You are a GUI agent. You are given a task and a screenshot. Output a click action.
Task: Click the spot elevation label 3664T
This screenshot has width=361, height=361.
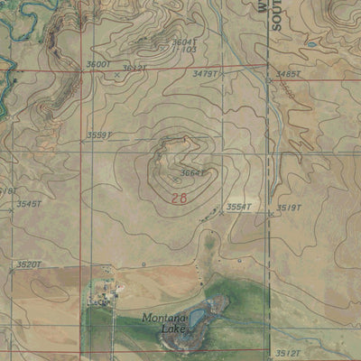[x=192, y=173]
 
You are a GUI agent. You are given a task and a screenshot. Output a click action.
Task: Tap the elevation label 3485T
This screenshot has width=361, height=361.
[x=289, y=73]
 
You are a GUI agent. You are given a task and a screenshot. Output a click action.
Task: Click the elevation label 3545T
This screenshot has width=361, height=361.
[x=29, y=204]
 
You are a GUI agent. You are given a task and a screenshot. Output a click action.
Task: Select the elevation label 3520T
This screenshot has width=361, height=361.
[x=29, y=264]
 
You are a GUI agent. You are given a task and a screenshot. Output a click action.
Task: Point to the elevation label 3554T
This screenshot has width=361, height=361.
[x=238, y=207]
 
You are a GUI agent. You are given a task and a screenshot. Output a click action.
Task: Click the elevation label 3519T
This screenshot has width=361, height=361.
[x=288, y=207]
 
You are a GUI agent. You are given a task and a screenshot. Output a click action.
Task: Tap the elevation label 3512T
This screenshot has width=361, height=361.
[x=288, y=353]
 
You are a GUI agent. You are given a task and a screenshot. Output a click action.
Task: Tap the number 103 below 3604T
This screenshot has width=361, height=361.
[x=188, y=50]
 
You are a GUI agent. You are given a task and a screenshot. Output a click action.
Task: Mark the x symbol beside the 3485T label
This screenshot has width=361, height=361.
[x=269, y=79]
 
